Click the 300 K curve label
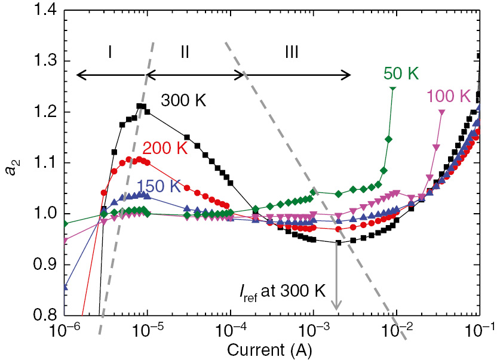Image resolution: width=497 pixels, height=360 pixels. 183,100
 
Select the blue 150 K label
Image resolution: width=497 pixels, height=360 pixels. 159,186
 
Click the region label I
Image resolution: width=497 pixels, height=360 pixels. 111,53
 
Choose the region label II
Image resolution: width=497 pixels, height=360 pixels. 185,53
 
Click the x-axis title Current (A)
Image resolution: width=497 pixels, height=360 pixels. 272,348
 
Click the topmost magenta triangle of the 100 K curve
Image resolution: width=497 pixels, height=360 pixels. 442,113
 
